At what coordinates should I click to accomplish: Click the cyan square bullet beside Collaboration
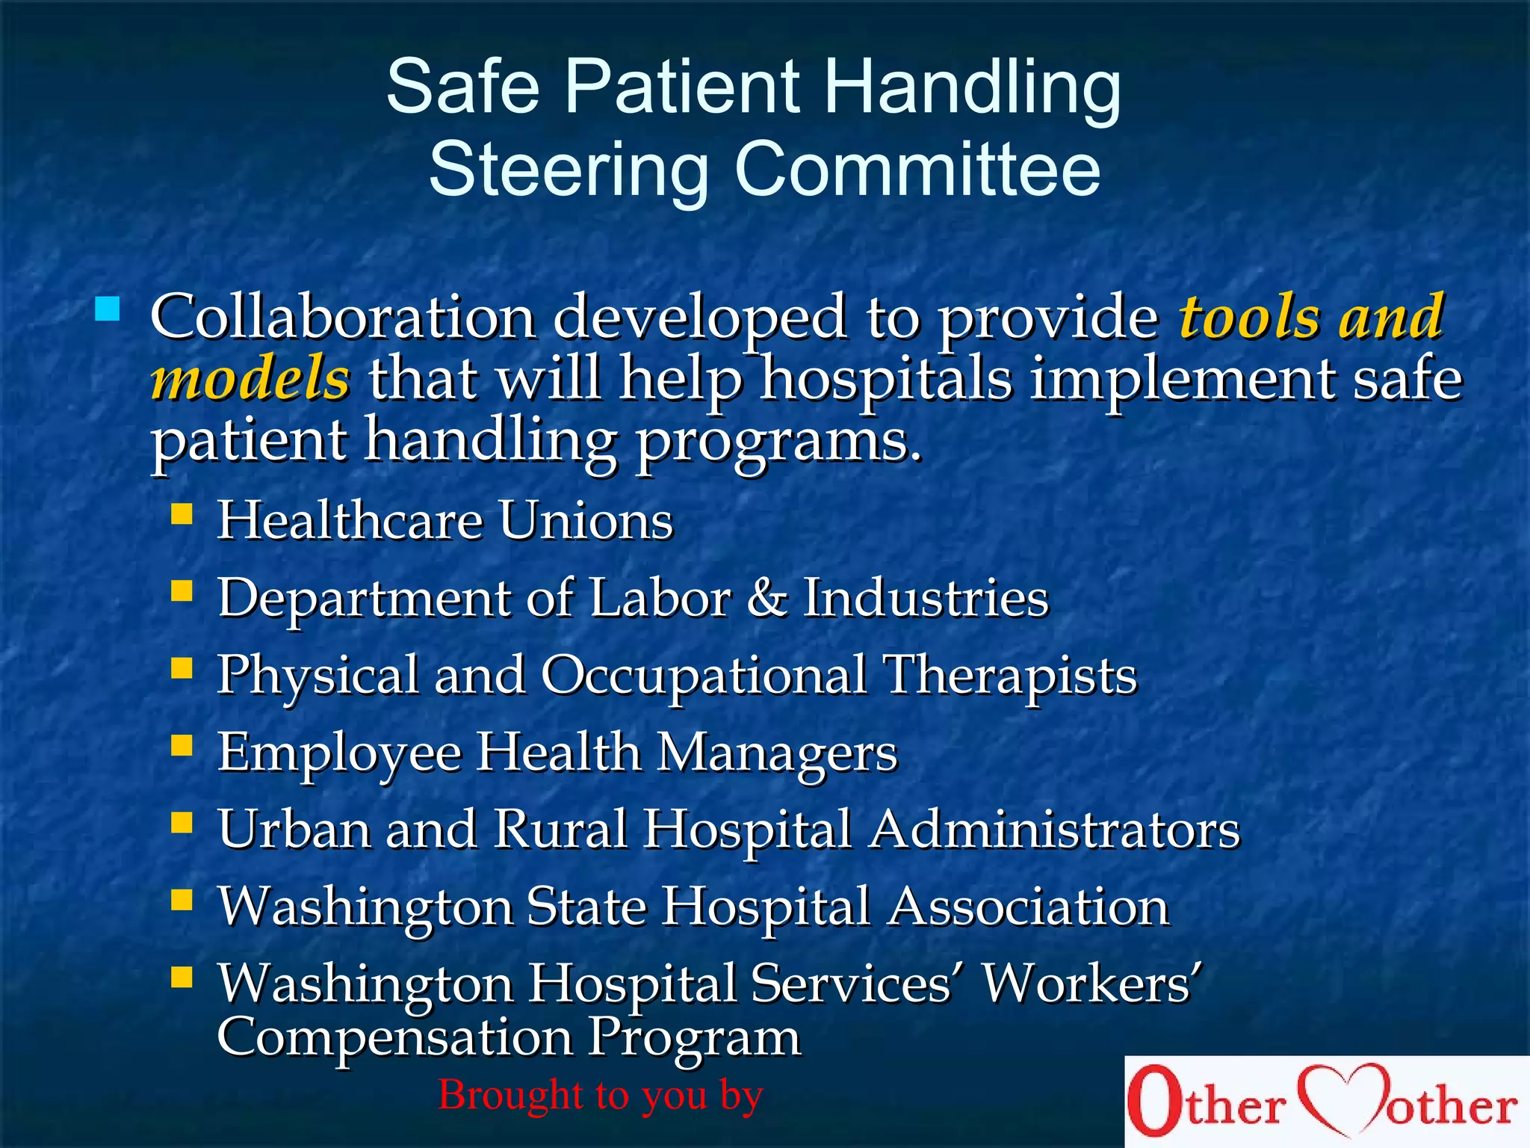[x=108, y=309]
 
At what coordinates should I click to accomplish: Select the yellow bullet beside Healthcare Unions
[x=182, y=513]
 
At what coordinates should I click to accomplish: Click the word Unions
[x=586, y=520]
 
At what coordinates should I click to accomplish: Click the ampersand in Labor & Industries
[x=766, y=598]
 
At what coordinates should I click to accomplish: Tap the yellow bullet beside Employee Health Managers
[x=182, y=745]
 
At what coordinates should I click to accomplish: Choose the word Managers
[x=777, y=753]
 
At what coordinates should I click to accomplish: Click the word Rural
[x=560, y=830]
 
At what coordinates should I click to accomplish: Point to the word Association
[x=1029, y=907]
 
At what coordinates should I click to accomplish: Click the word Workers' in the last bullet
[x=1091, y=984]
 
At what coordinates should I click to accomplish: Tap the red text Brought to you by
[x=600, y=1096]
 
